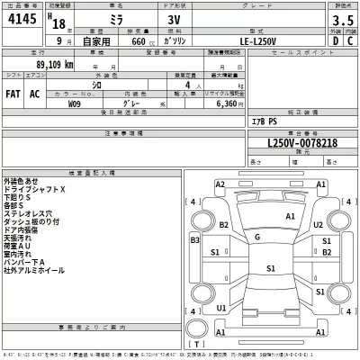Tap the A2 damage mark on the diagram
pyautogui.click(x=220, y=184)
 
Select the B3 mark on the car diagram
pyautogui.click(x=195, y=240)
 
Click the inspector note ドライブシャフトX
pyautogui.click(x=34, y=190)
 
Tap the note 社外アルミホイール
pyautogui.click(x=34, y=270)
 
